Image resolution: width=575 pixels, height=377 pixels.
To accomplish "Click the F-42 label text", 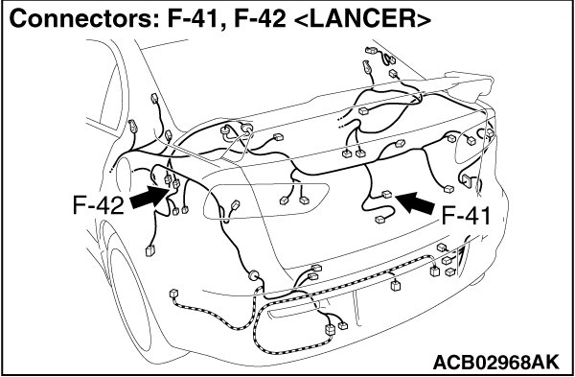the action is click(99, 205).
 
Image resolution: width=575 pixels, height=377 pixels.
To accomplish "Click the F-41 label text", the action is click(466, 215).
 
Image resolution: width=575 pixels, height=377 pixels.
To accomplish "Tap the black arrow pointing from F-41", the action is click(416, 202).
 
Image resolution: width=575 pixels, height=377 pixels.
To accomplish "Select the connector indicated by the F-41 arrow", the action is click(386, 194).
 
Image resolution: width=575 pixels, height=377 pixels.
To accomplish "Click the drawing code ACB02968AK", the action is click(496, 362).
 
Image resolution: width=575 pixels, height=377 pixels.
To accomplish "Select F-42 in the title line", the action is click(260, 19).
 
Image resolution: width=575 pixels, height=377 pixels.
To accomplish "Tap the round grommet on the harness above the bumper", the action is click(253, 275).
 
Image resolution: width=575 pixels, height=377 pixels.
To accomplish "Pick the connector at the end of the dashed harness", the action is click(173, 294).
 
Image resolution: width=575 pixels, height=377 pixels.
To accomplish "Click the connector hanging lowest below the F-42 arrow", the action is click(150, 250).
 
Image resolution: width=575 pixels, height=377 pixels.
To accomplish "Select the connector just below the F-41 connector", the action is click(379, 220).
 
